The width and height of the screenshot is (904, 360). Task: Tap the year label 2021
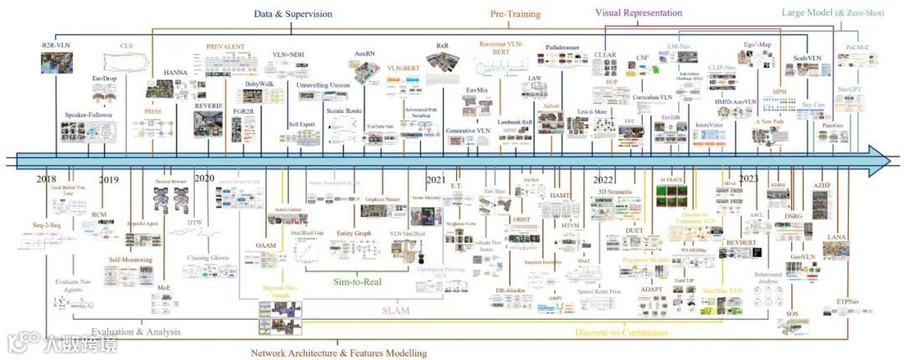tap(436, 180)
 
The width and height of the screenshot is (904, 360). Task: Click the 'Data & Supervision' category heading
tap(294, 13)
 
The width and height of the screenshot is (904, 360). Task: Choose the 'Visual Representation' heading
tap(639, 13)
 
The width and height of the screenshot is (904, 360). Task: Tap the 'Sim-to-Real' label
tap(353, 281)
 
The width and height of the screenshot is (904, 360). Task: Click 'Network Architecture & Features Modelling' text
tap(339, 352)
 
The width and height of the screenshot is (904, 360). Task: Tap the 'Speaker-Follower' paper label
tap(88, 115)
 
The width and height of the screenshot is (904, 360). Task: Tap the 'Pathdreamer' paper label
tap(563, 48)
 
